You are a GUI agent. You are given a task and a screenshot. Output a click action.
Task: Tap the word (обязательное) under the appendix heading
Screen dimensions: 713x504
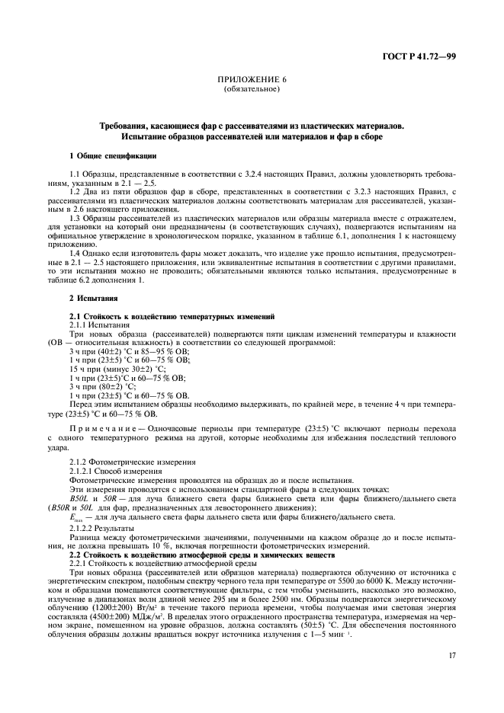click(x=252, y=89)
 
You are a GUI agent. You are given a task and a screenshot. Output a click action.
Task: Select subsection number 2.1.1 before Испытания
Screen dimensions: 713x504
click(x=82, y=324)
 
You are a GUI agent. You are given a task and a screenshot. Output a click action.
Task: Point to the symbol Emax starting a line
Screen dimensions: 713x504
click(x=78, y=518)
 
